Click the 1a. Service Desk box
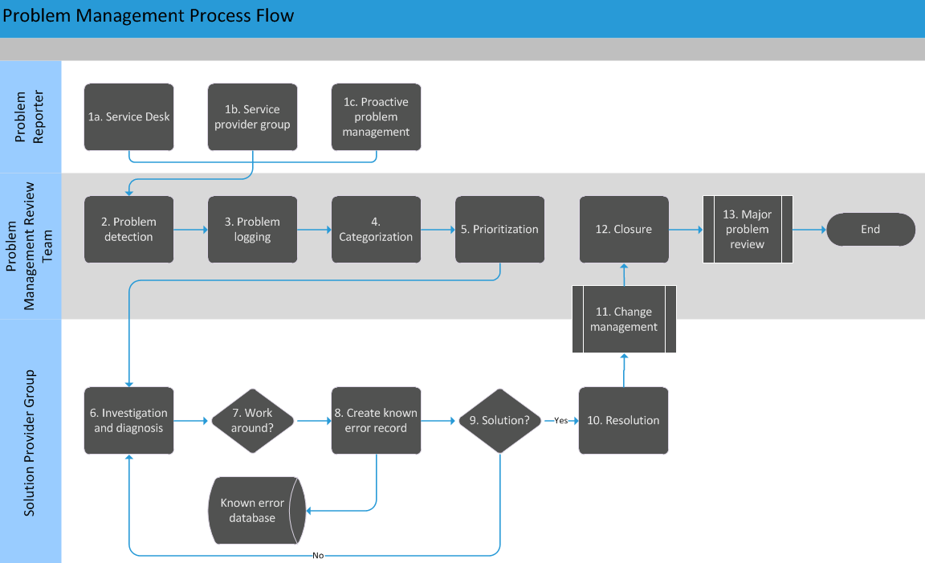(x=128, y=116)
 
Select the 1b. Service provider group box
(x=252, y=116)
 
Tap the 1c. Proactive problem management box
(x=376, y=116)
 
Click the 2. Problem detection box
(x=128, y=229)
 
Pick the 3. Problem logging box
(x=252, y=229)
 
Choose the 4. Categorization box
(x=376, y=229)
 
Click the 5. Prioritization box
(x=499, y=229)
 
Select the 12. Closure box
(x=624, y=229)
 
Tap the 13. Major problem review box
(x=748, y=229)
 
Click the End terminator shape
(x=870, y=229)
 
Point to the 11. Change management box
(x=624, y=319)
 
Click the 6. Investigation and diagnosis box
(x=128, y=420)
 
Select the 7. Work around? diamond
(x=252, y=420)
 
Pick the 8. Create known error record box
(x=376, y=420)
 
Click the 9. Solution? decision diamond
(x=499, y=420)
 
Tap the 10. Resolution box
(x=624, y=420)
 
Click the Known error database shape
(x=252, y=511)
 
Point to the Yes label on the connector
(x=560, y=421)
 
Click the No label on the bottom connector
(x=318, y=555)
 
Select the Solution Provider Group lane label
(x=31, y=442)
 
